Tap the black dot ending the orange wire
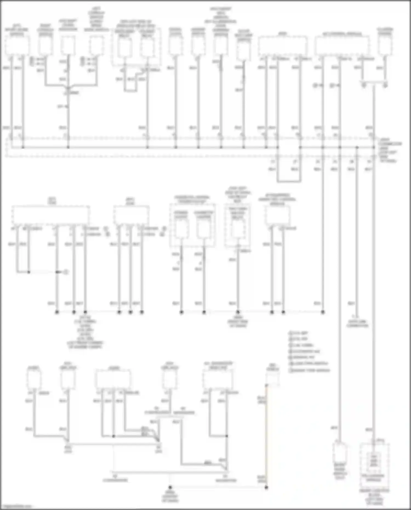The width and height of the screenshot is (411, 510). [x=266, y=488]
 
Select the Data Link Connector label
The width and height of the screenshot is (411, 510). [x=357, y=324]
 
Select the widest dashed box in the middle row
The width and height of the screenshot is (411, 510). [x=50, y=215]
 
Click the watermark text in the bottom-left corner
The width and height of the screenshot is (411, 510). [x=16, y=506]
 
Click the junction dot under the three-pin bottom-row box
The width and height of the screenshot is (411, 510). [x=113, y=436]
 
